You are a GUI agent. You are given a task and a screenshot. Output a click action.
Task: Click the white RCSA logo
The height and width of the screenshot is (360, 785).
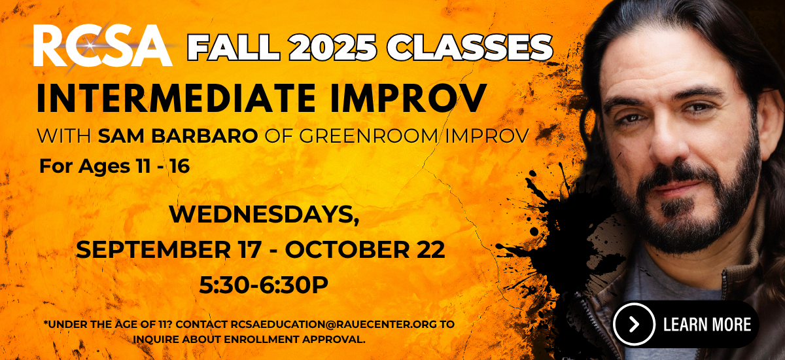103,45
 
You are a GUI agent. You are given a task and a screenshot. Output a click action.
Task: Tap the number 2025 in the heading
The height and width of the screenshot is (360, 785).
333,47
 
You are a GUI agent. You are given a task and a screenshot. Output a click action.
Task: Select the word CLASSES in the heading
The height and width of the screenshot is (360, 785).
470,47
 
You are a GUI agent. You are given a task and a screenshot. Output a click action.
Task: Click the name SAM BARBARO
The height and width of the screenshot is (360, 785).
178,136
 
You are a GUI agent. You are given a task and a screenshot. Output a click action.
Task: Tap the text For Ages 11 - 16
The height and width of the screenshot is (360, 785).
114,166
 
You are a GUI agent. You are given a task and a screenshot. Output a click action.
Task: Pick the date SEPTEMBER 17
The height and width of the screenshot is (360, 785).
169,249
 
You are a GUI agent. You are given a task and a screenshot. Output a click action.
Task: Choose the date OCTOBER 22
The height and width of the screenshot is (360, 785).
365,249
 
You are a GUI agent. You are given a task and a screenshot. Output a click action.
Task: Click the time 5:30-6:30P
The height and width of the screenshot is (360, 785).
264,285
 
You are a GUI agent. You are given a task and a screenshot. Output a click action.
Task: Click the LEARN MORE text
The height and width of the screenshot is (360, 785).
707,324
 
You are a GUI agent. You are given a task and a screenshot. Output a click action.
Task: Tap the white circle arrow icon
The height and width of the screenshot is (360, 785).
634,324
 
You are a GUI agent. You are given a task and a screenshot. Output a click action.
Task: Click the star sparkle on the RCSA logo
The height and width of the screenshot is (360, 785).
90,46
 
